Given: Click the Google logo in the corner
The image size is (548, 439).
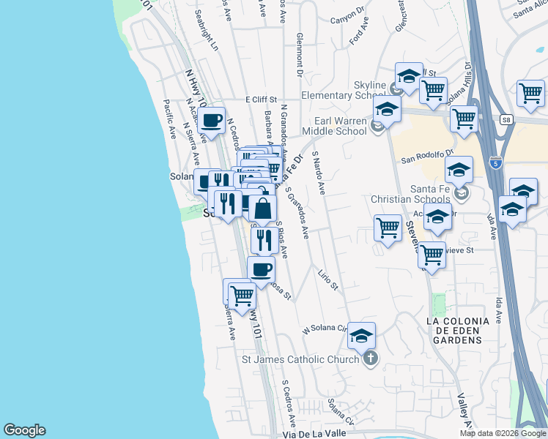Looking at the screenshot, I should [24, 430].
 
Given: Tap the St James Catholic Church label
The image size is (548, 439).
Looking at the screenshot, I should [301, 359].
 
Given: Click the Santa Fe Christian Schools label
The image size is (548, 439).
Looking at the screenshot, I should [410, 193].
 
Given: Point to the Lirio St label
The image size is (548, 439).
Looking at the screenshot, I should [327, 279].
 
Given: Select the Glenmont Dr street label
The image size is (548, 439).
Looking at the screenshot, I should [299, 56].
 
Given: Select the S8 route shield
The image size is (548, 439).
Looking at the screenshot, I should [506, 119].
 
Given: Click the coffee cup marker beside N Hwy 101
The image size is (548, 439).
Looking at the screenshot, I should [212, 121].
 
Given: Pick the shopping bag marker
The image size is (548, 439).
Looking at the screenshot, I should [263, 209].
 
